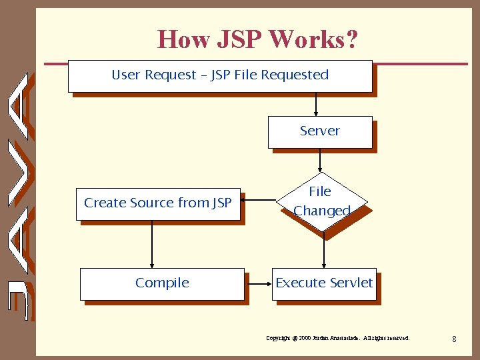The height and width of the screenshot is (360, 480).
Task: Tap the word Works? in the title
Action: pos(313,40)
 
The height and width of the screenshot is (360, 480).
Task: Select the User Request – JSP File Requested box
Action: pos(219,75)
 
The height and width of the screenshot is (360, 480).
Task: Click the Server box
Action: pos(319,131)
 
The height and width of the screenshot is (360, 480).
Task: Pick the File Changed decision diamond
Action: pos(321,201)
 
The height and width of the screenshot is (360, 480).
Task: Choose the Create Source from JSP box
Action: pos(158,203)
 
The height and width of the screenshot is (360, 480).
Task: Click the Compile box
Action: pos(162,283)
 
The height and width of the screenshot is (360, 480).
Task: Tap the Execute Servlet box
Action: pos(324,283)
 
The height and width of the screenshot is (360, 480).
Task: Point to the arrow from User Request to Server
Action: pos(316,104)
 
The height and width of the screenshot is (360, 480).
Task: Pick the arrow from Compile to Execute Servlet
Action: pos(258,284)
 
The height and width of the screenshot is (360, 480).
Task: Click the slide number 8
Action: pos(454,339)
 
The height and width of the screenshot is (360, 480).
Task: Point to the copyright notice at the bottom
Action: pos(338,339)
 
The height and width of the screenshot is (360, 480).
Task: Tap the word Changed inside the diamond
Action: pos(322,211)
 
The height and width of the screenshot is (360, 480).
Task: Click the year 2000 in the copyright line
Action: pos(306,339)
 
